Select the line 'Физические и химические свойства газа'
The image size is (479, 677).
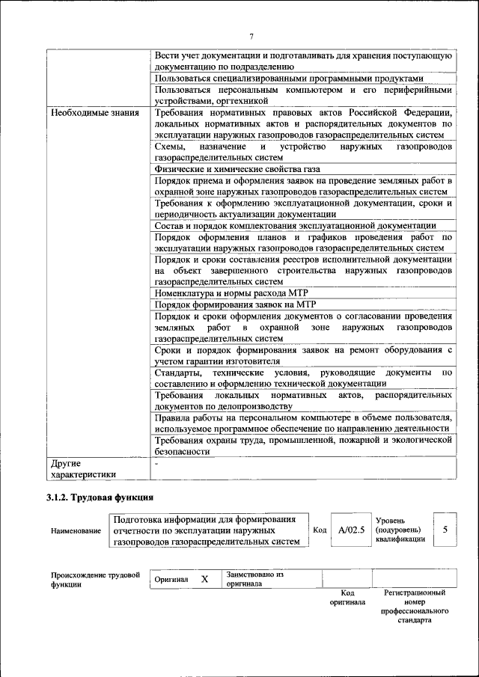tap(237, 170)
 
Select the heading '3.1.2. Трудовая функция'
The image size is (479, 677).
tap(100, 497)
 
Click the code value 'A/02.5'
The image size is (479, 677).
tap(350, 530)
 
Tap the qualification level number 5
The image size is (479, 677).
tap(445, 529)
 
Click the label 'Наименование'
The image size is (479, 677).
tap(76, 530)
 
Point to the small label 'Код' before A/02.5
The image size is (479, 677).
tap(320, 530)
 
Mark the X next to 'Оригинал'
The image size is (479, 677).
tap(204, 579)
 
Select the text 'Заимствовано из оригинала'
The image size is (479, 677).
tap(254, 579)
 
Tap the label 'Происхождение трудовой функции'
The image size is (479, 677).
tap(95, 580)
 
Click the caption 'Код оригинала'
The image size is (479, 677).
tap(347, 596)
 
